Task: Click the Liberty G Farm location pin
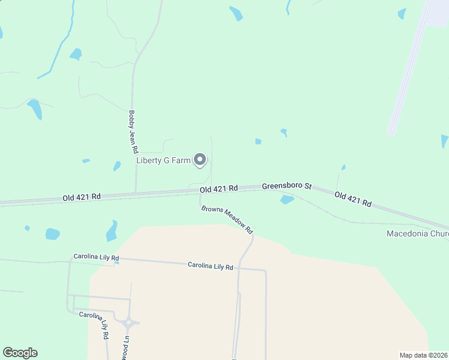(200, 160)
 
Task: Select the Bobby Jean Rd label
(133, 131)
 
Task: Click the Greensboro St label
(286, 187)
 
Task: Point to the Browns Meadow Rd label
(228, 220)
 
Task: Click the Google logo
(20, 353)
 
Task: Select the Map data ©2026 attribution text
(424, 355)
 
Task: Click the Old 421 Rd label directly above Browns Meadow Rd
(218, 188)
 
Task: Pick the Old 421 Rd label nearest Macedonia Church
(353, 199)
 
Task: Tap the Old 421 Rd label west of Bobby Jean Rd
(82, 196)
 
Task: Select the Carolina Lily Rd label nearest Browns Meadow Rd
(210, 265)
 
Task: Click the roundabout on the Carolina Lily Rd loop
(128, 323)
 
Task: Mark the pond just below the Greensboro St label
(287, 200)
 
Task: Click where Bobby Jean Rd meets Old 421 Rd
(136, 193)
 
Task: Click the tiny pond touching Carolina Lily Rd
(116, 262)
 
